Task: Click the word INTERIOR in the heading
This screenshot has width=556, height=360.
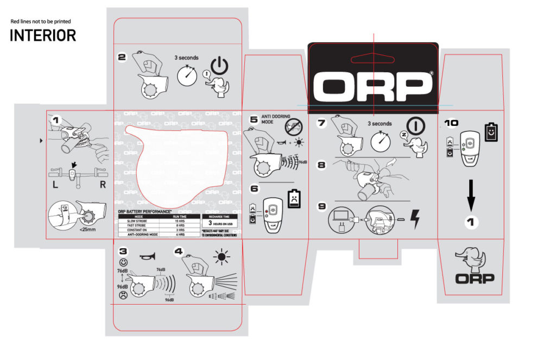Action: pos(43,36)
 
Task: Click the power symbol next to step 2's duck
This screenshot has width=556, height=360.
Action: pos(218,66)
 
